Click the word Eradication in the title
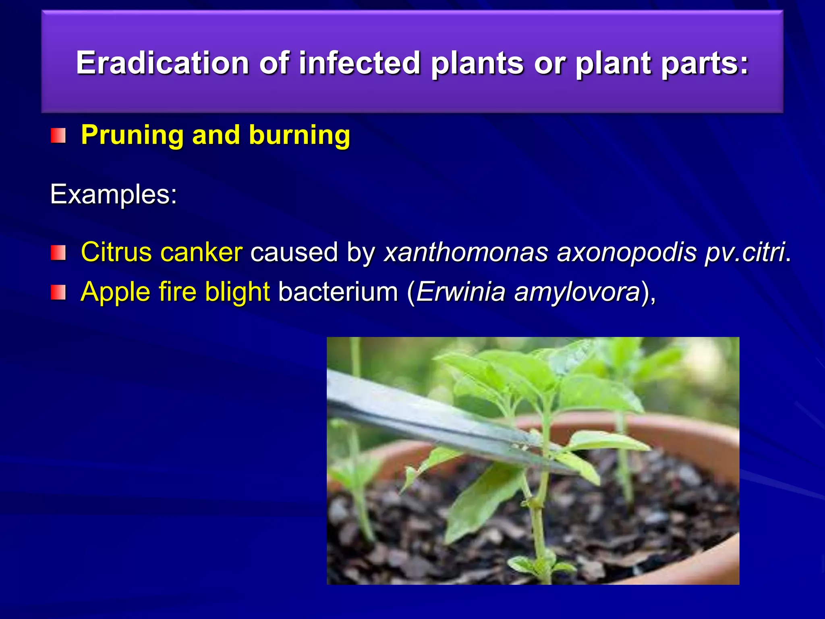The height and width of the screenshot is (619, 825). [x=162, y=63]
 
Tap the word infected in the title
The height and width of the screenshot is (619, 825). [x=359, y=63]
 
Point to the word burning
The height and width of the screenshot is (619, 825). [x=299, y=135]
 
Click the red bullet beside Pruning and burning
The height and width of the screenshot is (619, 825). [x=58, y=136]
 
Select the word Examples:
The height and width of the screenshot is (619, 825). [x=113, y=195]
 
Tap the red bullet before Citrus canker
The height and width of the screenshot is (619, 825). [x=58, y=253]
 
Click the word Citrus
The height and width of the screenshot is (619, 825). [x=116, y=252]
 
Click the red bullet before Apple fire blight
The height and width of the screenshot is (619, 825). [x=58, y=292]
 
